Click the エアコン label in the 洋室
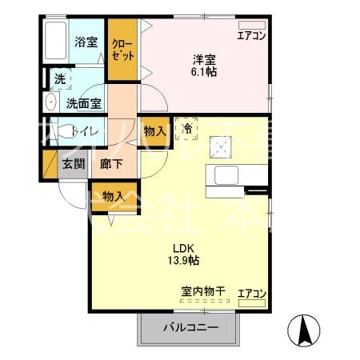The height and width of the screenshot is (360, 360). (x=251, y=34)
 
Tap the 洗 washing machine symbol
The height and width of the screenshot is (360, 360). (x=59, y=78)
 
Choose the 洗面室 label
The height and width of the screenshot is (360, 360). (x=82, y=102)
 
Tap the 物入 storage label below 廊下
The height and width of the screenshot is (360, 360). (x=113, y=195)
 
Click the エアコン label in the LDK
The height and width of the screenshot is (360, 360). (x=252, y=294)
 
